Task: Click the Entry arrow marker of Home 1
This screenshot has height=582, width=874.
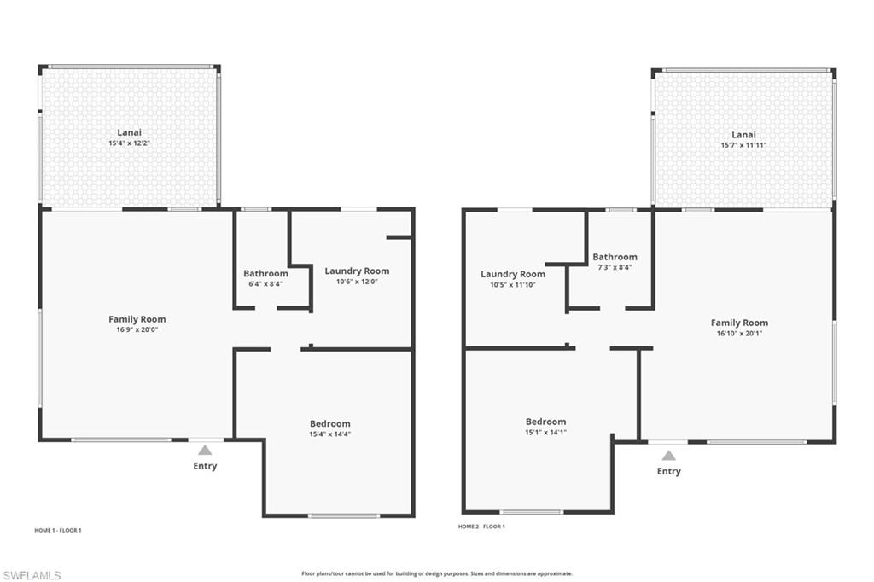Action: [x=205, y=450]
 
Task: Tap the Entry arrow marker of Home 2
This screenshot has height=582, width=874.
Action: [x=668, y=455]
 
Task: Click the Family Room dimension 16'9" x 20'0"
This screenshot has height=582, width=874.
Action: [x=137, y=329]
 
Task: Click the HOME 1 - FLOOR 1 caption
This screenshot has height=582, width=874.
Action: [x=58, y=530]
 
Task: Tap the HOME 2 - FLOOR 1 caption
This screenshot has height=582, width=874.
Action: [x=481, y=527]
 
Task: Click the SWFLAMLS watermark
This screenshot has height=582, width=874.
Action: [x=32, y=575]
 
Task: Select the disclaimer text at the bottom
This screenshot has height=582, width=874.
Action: [x=437, y=573]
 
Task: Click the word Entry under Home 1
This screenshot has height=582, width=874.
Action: [x=205, y=466]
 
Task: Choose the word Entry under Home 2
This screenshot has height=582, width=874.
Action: [x=668, y=471]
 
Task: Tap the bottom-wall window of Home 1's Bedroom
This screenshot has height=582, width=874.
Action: [x=344, y=515]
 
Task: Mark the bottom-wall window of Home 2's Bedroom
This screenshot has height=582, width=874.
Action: [x=531, y=512]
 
